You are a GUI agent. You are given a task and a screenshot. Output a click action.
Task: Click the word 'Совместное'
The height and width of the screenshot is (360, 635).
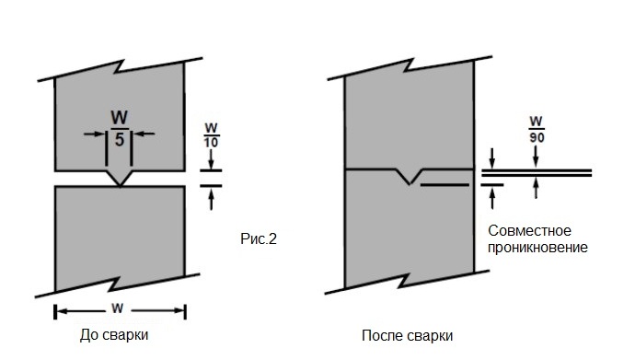531,230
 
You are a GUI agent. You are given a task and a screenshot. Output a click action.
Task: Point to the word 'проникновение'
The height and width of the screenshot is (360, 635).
538,248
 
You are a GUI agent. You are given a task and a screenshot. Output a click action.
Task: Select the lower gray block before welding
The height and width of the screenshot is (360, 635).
120,239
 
